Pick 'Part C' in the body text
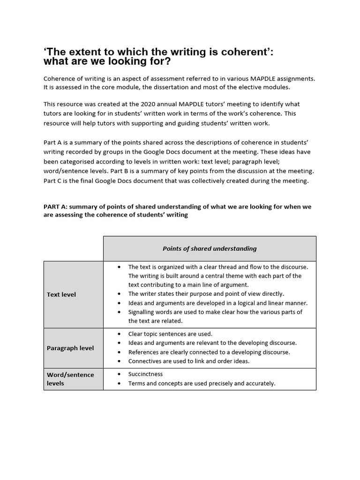53,180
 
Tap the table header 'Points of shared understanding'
210,248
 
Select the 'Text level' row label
61,294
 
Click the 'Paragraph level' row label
70,348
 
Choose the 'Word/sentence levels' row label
70,379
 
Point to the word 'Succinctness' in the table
146,374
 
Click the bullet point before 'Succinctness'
120,374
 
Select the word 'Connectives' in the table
145,361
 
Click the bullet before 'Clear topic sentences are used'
120,334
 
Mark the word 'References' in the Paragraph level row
143,352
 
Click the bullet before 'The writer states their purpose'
120,294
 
